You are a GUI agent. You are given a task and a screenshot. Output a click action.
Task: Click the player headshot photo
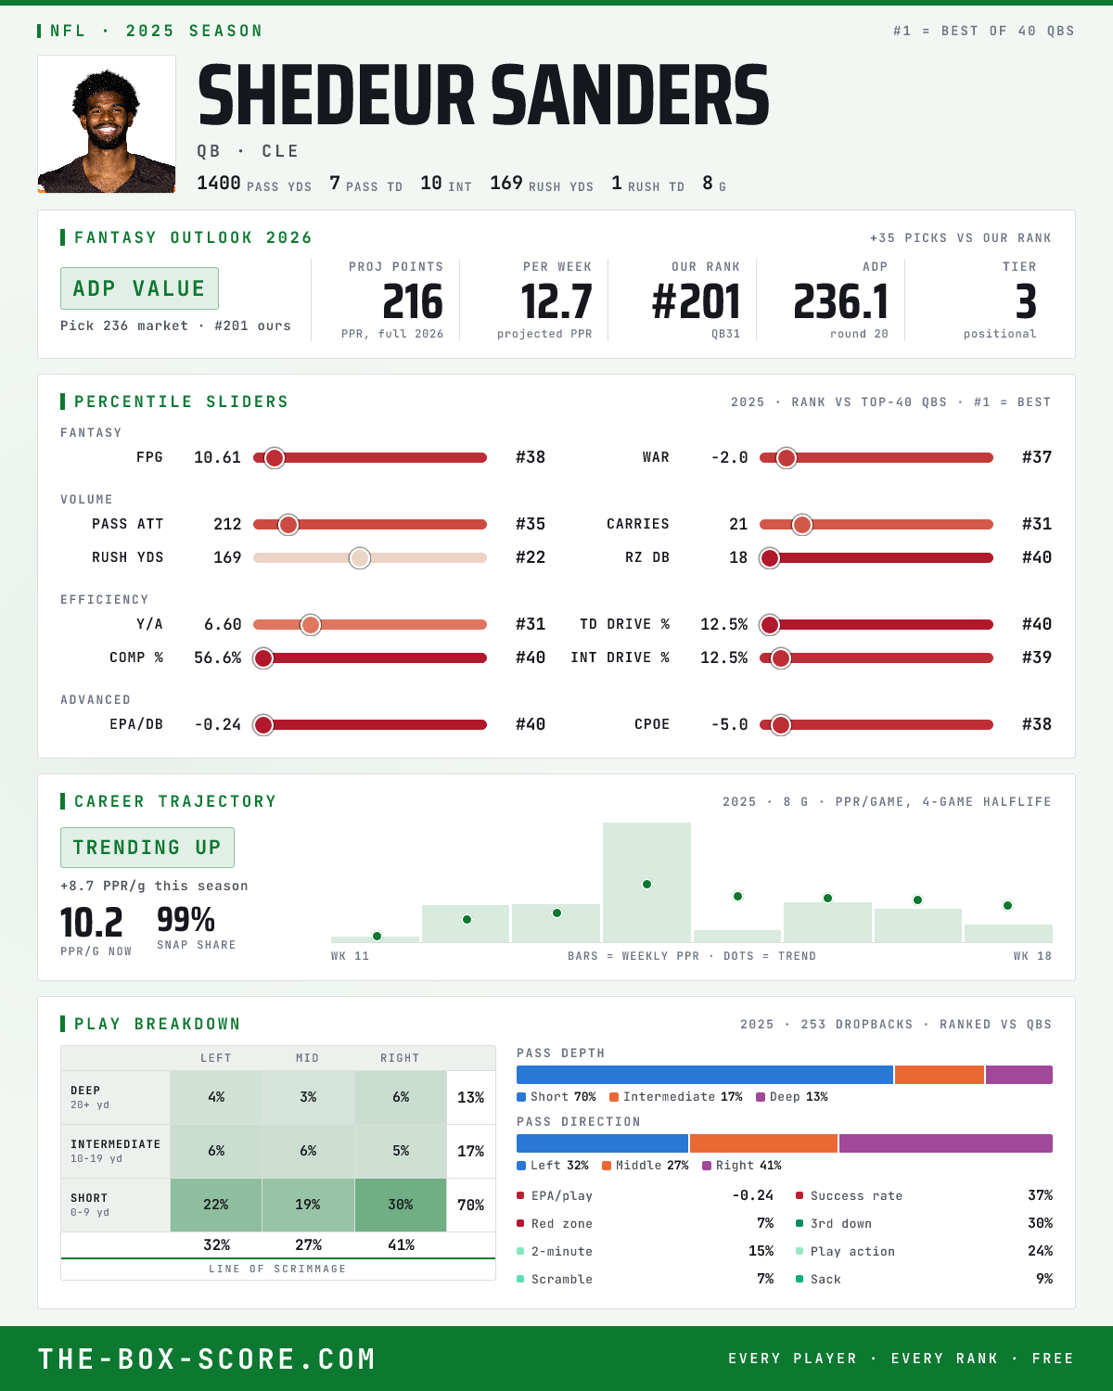[107, 124]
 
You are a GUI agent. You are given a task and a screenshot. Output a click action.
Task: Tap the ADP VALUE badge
[139, 288]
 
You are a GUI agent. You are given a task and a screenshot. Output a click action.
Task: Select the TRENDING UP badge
[147, 848]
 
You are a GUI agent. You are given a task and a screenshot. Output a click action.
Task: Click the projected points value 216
[413, 302]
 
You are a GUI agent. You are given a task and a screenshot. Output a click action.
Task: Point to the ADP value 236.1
[840, 302]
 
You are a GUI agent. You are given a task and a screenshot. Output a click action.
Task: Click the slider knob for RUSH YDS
[360, 558]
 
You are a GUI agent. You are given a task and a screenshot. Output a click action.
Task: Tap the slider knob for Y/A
[311, 625]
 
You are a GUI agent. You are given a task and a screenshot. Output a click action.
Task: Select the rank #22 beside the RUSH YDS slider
[531, 558]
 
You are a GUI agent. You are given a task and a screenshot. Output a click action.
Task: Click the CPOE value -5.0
[730, 724]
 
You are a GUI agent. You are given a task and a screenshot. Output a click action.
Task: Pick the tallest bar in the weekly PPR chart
[646, 882]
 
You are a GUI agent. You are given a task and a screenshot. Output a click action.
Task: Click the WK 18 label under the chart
[1032, 956]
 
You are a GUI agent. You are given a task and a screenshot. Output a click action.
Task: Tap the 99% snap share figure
[185, 919]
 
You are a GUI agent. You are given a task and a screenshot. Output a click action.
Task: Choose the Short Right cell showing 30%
[401, 1205]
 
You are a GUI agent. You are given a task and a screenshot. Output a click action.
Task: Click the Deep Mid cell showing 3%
[308, 1098]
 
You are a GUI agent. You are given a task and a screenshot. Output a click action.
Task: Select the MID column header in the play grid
[308, 1058]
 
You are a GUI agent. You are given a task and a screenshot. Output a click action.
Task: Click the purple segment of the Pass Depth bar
[1019, 1075]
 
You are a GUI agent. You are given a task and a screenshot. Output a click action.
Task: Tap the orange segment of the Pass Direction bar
[763, 1143]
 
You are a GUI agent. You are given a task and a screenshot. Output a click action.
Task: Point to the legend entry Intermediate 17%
[676, 1097]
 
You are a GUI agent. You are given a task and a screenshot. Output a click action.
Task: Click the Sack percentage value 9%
[1043, 1279]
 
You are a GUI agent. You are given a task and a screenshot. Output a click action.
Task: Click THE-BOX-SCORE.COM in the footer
[207, 1359]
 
